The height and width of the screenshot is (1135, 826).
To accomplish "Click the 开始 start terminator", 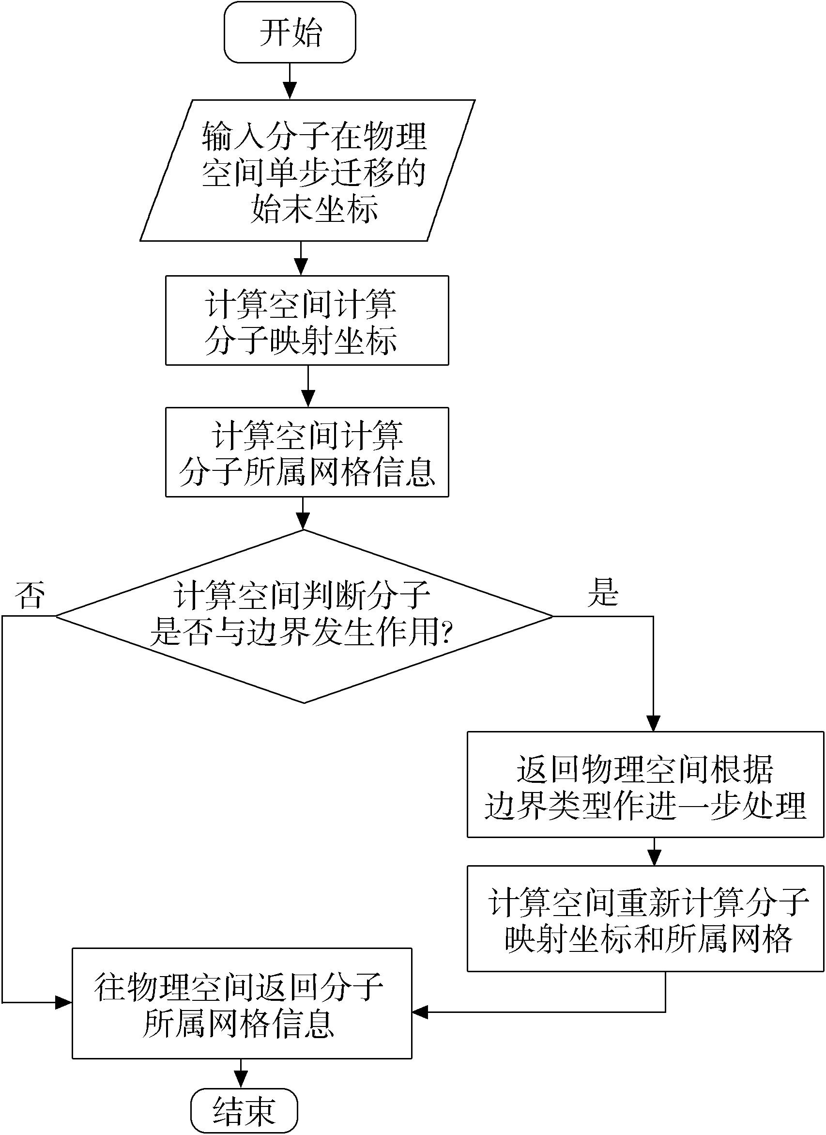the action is click(x=290, y=32).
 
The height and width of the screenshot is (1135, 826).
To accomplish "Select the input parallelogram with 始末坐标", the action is click(x=307, y=171).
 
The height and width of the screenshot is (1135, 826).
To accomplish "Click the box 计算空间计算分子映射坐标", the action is click(x=307, y=320).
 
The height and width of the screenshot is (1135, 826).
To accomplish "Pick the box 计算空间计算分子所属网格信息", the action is click(x=307, y=452).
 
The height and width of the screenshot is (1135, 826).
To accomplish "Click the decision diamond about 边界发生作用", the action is click(x=304, y=616).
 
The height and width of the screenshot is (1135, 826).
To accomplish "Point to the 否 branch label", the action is click(x=30, y=596).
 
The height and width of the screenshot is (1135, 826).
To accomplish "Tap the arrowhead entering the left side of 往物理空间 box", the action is click(x=63, y=1002).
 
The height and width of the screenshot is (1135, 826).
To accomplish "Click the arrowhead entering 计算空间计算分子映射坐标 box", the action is click(x=301, y=266).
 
